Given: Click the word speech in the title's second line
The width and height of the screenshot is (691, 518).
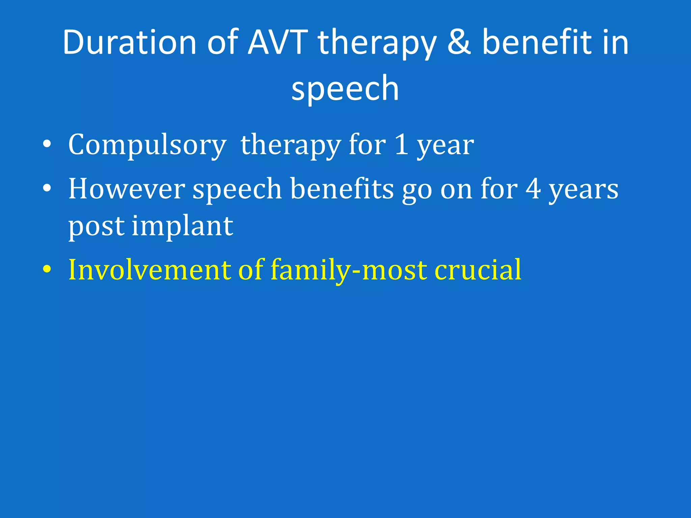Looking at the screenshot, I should pos(345,88).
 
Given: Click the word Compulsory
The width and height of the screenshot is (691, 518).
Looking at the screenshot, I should pos(147,145).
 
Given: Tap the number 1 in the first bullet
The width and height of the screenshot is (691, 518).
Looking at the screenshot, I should pos(402,145).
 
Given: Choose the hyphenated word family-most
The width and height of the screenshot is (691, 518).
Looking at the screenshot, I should pos(349,270).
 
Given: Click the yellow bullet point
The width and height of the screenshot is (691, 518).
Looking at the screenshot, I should pos(47,270).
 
